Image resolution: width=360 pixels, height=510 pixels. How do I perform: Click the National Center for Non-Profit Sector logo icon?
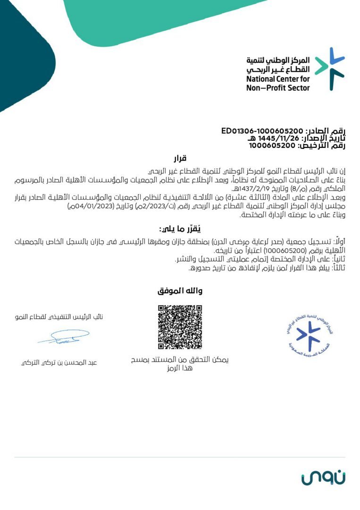[x=330, y=69]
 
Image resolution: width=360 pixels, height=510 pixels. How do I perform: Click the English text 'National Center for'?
[x=278, y=79]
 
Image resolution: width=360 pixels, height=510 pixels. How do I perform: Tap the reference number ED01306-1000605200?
[x=262, y=131]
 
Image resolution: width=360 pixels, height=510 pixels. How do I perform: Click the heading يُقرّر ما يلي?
[x=178, y=229]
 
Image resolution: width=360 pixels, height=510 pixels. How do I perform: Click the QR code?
[x=180, y=327]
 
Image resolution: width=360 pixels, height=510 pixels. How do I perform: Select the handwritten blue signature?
[x=64, y=337]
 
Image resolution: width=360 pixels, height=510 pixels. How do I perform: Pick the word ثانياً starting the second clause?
[x=336, y=259]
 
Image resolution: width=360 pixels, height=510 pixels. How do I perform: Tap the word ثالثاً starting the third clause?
[x=336, y=268]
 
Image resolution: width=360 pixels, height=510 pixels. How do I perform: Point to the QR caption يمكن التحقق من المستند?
[x=180, y=360]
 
